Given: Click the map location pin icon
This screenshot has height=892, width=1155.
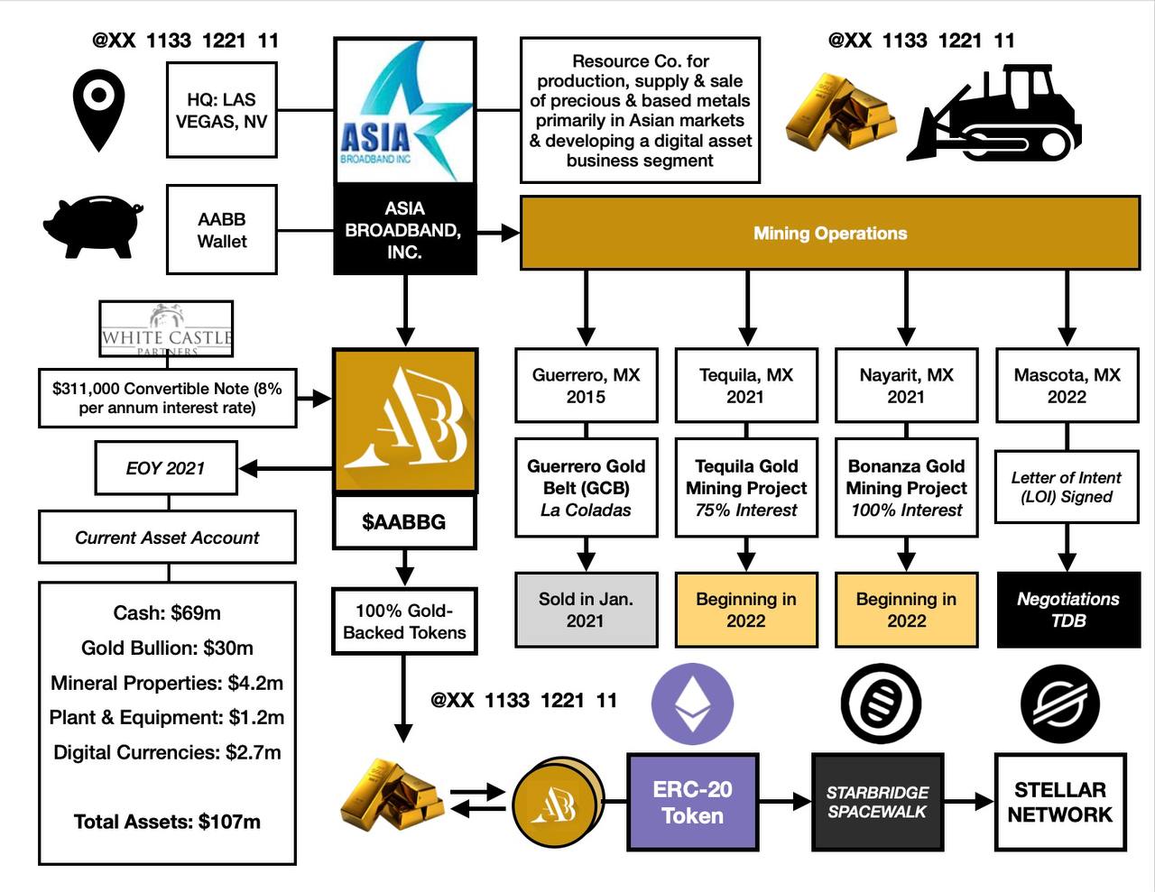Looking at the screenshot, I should tap(98, 111).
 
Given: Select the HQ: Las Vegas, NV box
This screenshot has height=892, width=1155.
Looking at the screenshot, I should tap(221, 110).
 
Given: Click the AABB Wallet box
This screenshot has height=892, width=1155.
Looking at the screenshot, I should tap(221, 230).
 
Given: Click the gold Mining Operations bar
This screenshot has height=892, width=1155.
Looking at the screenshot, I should tap(829, 233).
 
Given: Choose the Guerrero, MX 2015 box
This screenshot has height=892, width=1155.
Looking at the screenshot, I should tap(586, 386).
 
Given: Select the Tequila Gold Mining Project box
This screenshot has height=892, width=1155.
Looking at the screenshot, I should tap(745, 488).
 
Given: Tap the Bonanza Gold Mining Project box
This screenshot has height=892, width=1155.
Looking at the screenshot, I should tap(906, 488).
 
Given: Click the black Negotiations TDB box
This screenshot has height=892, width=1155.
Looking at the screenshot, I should tap(1067, 610).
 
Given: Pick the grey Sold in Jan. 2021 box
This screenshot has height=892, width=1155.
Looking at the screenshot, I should tap(586, 610).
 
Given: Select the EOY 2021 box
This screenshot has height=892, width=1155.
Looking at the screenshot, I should tap(166, 468).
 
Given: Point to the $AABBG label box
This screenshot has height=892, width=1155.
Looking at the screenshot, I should tap(404, 521).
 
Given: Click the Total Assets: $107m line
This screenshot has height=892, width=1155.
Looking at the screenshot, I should tap(167, 822).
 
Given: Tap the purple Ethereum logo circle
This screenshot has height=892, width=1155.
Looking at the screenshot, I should tap(692, 704).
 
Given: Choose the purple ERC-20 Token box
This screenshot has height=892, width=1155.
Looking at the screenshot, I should tap(692, 802).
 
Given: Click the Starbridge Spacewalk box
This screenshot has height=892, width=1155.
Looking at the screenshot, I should tap(878, 802).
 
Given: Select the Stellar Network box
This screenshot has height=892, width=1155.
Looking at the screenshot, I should tap(1059, 802).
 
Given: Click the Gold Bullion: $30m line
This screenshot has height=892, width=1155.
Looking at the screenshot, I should tap(167, 648).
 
